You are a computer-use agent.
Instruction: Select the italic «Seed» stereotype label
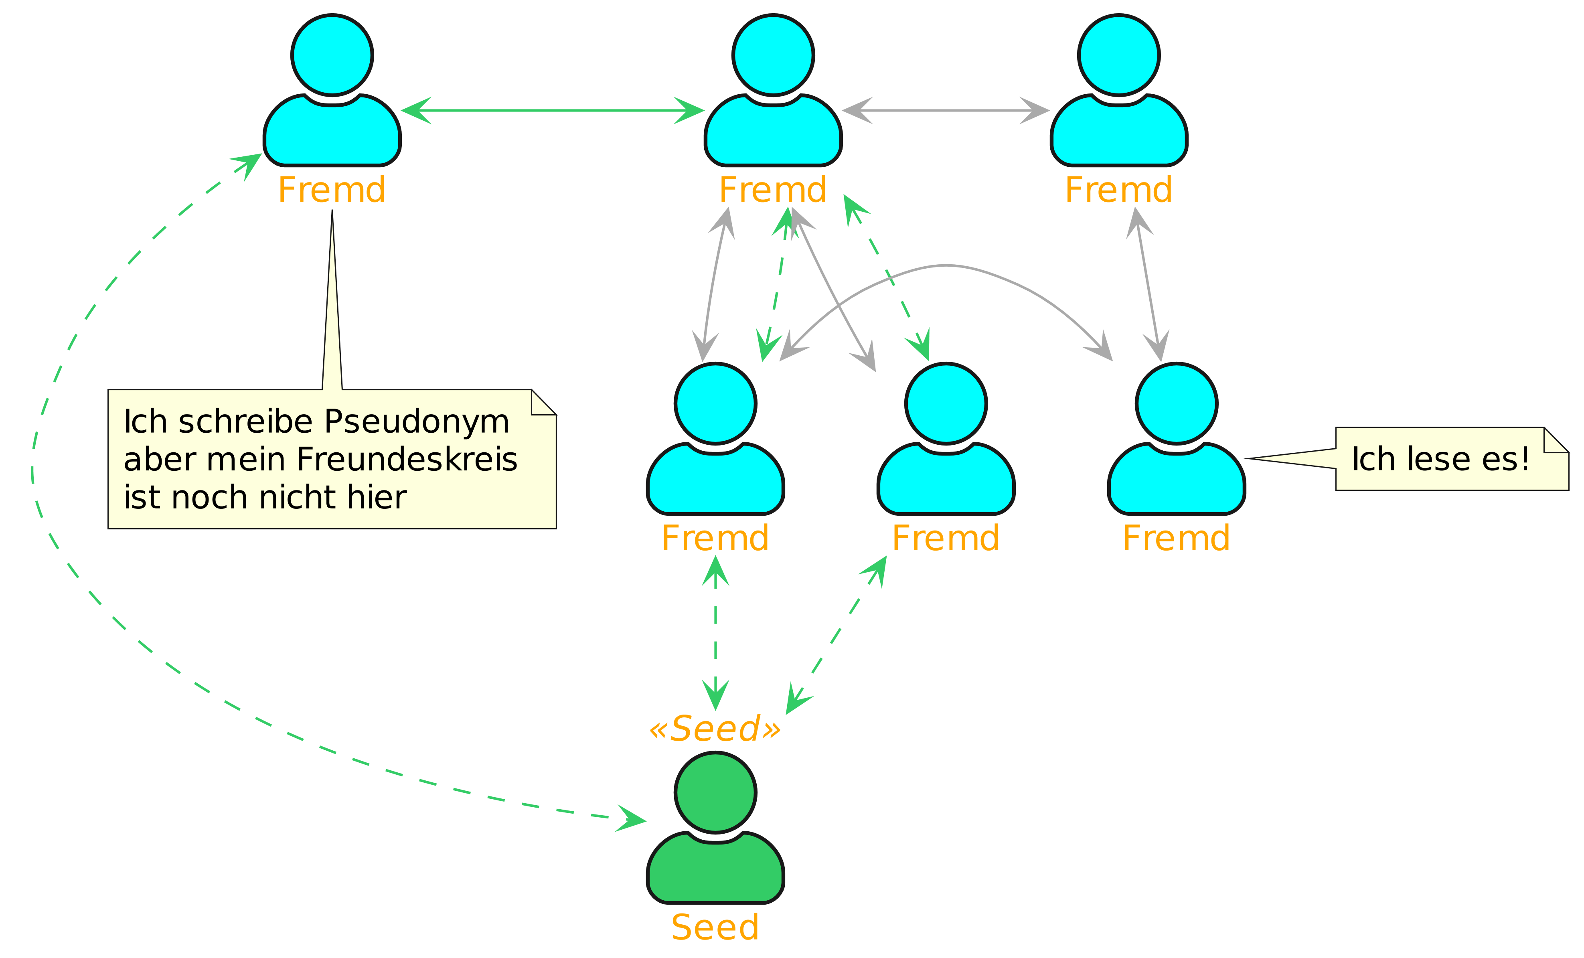(x=715, y=729)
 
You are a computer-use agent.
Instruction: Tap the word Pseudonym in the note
(x=417, y=422)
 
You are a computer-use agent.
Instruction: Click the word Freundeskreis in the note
(x=407, y=460)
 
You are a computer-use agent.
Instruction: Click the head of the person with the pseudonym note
(x=332, y=55)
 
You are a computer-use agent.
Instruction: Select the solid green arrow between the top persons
(x=553, y=111)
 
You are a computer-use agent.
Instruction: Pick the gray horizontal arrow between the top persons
(x=946, y=111)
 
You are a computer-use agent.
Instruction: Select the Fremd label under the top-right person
(x=1118, y=190)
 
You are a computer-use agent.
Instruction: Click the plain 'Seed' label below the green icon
(x=715, y=927)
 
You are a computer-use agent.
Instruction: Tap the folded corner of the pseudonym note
(x=543, y=403)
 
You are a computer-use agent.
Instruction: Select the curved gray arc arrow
(x=945, y=265)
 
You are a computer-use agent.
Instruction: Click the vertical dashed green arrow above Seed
(x=715, y=633)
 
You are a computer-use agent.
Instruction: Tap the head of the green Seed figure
(x=715, y=792)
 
